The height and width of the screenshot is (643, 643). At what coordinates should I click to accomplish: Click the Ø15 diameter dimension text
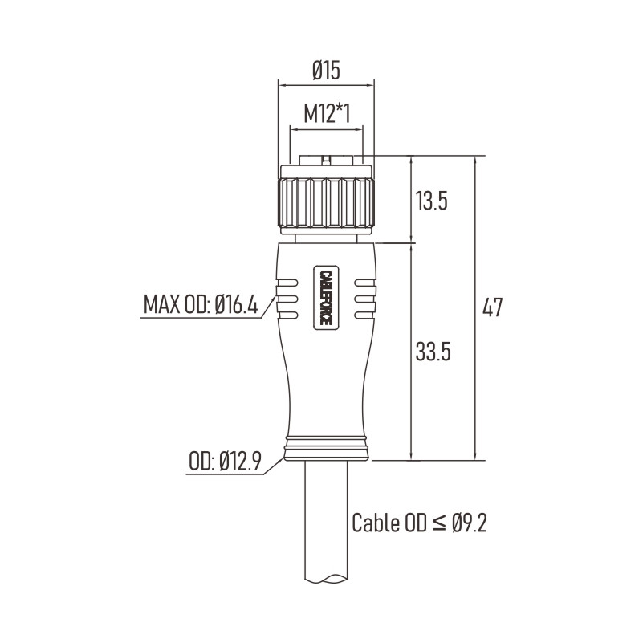(x=327, y=70)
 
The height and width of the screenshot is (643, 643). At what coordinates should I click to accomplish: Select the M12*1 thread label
(x=327, y=114)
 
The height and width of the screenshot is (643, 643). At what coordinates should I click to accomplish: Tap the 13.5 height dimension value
(x=431, y=201)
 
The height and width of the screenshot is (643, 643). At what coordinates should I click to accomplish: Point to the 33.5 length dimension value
(x=433, y=352)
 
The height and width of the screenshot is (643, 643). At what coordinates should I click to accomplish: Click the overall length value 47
(x=492, y=307)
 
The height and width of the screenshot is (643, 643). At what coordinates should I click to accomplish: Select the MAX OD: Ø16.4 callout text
(x=201, y=305)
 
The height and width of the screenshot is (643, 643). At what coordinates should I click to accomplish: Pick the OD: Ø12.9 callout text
(x=225, y=461)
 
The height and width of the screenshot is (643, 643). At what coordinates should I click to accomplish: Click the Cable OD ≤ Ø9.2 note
(x=420, y=523)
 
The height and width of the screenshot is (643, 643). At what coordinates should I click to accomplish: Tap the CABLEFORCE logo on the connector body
(x=326, y=297)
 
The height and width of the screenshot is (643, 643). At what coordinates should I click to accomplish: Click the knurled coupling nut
(x=327, y=202)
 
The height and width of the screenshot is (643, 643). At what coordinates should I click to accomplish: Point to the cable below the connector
(x=327, y=521)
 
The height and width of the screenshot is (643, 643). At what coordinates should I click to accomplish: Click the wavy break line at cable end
(x=327, y=579)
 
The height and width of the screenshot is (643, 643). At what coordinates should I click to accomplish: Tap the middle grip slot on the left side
(x=287, y=299)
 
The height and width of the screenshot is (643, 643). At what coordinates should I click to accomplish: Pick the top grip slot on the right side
(x=365, y=283)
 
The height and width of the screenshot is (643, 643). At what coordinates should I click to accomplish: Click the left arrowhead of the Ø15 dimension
(x=283, y=86)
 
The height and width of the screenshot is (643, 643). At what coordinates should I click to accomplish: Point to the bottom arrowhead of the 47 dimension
(x=475, y=456)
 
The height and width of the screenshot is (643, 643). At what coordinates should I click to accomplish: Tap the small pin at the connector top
(x=326, y=161)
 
